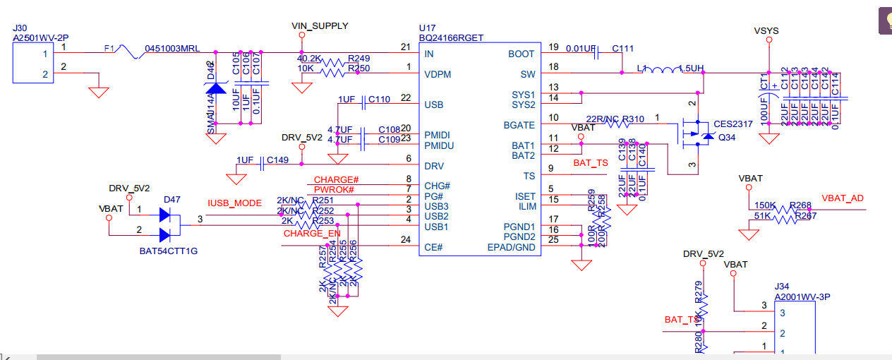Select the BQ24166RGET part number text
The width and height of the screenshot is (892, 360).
click(452, 38)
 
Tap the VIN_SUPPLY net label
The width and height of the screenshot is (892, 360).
click(320, 26)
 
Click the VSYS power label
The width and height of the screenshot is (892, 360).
click(766, 30)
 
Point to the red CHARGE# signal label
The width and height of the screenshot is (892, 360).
click(337, 180)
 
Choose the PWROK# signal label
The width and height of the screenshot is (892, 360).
click(334, 190)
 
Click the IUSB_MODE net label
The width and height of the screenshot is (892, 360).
click(234, 203)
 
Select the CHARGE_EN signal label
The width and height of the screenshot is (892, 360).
click(312, 234)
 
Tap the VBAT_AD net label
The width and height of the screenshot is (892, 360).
click(843, 198)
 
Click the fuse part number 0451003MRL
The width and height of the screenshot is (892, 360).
click(172, 48)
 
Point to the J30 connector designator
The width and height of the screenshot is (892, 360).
click(20, 28)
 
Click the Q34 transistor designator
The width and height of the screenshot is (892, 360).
click(727, 138)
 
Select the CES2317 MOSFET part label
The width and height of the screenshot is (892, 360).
click(733, 124)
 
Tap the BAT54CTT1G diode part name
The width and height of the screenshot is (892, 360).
click(169, 251)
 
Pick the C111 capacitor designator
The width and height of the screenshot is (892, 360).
click(623, 48)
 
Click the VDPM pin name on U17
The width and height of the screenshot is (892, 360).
click(438, 74)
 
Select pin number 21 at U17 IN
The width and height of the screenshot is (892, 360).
click(405, 47)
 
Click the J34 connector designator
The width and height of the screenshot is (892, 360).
click(782, 287)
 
